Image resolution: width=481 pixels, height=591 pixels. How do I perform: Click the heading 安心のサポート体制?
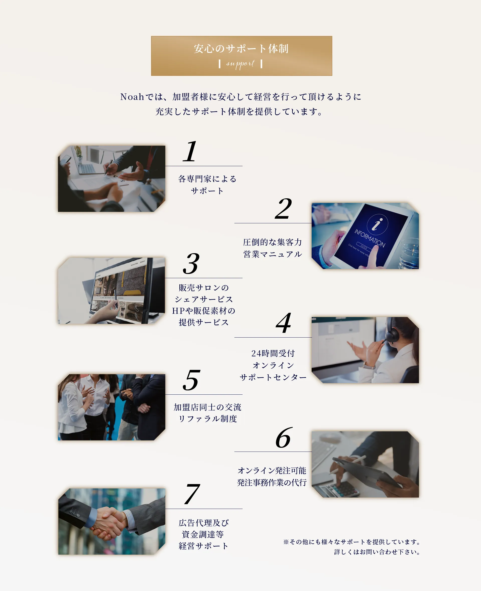pyautogui.click(x=241, y=49)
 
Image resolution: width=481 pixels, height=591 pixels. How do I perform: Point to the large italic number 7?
pyautogui.click(x=192, y=494)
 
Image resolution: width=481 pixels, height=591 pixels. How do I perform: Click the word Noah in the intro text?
pyautogui.click(x=132, y=97)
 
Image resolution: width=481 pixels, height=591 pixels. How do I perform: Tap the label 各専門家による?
pyautogui.click(x=207, y=179)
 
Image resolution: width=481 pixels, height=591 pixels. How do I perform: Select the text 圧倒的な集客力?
pyautogui.click(x=272, y=242)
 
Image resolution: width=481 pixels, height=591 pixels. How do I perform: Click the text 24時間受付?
pyautogui.click(x=273, y=353)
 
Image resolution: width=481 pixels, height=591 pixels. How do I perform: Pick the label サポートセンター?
pyautogui.click(x=273, y=377)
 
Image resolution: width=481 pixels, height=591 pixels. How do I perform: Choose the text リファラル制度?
pyautogui.click(x=207, y=419)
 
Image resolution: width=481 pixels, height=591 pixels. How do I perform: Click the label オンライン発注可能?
pyautogui.click(x=272, y=471)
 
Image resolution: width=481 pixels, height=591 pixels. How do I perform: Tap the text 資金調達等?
pyautogui.click(x=203, y=534)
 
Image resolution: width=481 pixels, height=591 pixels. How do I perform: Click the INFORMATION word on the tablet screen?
pyautogui.click(x=370, y=238)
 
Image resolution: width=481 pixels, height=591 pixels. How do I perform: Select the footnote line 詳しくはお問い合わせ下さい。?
pyautogui.click(x=377, y=552)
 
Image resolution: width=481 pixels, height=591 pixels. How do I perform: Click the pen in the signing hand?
pyautogui.click(x=109, y=167)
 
